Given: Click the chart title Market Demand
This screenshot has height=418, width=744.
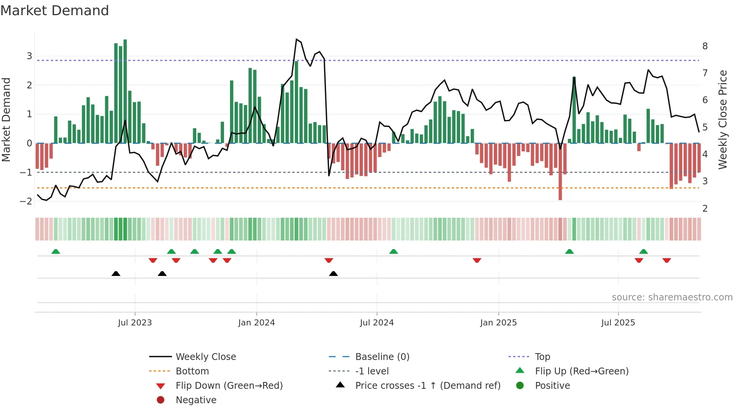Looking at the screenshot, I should [55, 11].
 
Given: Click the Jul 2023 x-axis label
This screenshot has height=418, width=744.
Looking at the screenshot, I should [135, 323].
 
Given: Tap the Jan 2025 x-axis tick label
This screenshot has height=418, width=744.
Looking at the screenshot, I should [498, 323].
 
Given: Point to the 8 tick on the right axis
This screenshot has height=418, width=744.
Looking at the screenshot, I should [705, 46].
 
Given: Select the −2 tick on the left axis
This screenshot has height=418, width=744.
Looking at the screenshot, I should [26, 201].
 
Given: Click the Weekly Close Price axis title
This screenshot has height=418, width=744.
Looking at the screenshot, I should [723, 119].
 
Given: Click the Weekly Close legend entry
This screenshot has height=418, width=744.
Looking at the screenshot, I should [205, 357].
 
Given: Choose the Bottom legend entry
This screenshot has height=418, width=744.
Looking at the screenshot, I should [192, 371].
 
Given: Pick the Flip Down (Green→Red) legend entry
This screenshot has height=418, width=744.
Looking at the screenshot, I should [229, 386].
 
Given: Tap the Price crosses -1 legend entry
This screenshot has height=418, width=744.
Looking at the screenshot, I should [427, 386].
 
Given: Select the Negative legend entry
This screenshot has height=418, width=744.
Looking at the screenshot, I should [196, 400].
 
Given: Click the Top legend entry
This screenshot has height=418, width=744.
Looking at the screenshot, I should [542, 357].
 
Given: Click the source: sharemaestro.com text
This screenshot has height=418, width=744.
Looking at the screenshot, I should [672, 297].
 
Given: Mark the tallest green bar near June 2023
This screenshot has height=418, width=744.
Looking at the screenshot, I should [125, 91].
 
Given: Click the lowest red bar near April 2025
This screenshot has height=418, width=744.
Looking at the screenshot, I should [560, 171].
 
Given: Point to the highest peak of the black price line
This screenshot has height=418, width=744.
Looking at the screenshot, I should [296, 39].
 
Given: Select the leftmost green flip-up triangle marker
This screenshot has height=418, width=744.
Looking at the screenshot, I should [56, 251].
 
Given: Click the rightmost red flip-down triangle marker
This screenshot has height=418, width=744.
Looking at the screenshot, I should [667, 260].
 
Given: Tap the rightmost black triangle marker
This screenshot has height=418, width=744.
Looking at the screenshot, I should [333, 273].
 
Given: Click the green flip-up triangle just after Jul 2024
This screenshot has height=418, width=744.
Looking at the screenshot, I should [394, 251].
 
